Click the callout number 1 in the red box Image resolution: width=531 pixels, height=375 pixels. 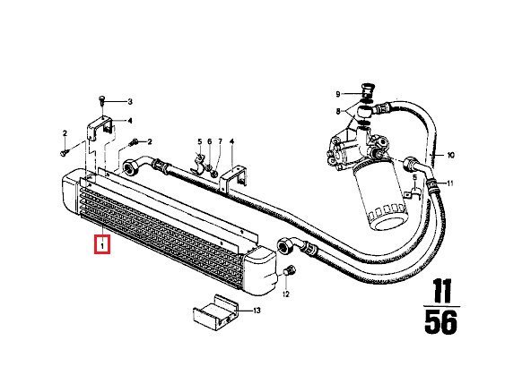pyautogui.click(x=102, y=244)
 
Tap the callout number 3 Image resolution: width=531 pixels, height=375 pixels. pyautogui.click(x=129, y=101)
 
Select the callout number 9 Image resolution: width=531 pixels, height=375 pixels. pyautogui.click(x=339, y=94)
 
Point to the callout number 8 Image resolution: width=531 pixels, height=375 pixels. pyautogui.click(x=339, y=111)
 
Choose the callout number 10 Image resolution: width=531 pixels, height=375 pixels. pyautogui.click(x=451, y=155)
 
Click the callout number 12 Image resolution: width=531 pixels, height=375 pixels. pyautogui.click(x=286, y=293)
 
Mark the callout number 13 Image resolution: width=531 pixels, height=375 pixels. pyautogui.click(x=257, y=311)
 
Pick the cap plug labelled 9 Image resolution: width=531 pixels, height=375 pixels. pyautogui.click(x=366, y=89)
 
